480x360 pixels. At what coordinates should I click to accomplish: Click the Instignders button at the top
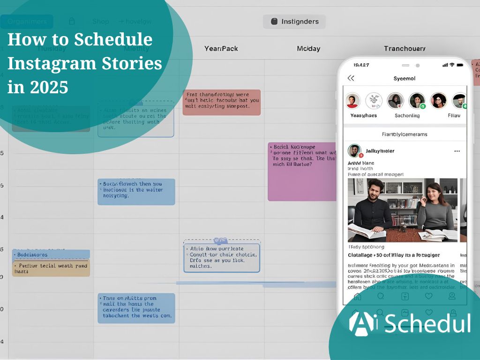(294, 22)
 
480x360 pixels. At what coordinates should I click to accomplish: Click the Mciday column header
(308, 48)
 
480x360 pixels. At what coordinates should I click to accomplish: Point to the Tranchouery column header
(405, 48)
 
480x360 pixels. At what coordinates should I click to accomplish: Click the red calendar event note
(221, 103)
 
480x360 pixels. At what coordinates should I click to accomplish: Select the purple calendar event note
(302, 172)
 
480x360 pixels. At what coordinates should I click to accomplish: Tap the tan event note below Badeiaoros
(51, 268)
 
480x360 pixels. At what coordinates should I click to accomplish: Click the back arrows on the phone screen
(351, 78)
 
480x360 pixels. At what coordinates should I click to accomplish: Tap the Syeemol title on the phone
(405, 78)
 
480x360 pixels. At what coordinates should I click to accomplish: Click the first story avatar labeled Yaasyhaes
(353, 101)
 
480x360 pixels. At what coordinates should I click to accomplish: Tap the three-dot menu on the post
(457, 151)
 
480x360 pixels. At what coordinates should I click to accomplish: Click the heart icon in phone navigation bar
(428, 296)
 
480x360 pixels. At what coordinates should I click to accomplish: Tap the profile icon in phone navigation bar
(452, 296)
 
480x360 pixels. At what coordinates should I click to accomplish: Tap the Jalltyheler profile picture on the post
(354, 151)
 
